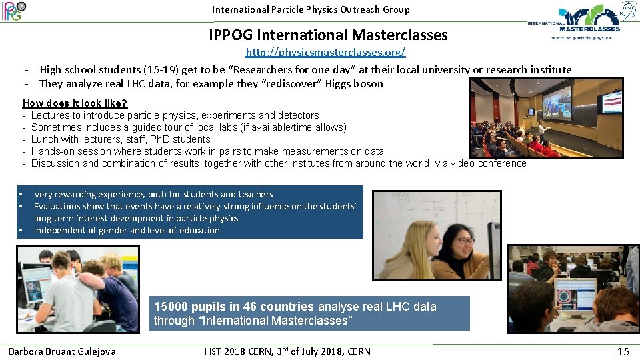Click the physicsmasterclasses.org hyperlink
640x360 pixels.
(325, 52)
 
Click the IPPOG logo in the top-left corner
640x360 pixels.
(13, 11)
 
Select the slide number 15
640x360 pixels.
(623, 351)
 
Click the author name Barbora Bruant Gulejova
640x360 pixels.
(62, 351)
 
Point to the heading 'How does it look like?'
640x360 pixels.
(75, 103)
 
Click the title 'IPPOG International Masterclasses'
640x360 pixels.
(328, 35)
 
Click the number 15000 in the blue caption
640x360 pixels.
(171, 307)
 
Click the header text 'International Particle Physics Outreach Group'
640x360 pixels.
(311, 9)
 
